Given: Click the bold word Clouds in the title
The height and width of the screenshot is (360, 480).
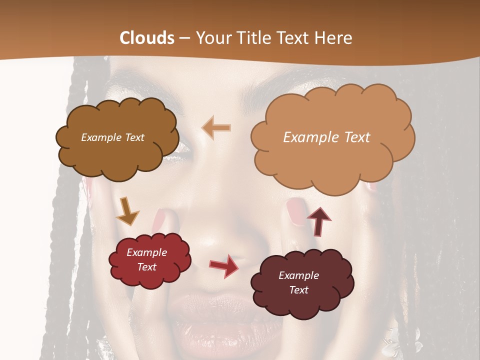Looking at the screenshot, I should click(x=147, y=38).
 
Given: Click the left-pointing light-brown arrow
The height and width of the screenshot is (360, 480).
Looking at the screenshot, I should click(x=216, y=128).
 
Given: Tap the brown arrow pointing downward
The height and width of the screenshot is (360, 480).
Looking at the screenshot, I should click(x=127, y=211).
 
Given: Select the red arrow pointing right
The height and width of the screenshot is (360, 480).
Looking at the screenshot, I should click(x=223, y=265).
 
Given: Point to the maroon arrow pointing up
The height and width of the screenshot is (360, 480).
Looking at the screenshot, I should click(x=318, y=220).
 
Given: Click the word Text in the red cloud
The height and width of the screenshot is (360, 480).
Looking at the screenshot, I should click(x=147, y=267).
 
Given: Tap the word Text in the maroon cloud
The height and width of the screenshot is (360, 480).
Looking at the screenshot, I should click(x=298, y=290).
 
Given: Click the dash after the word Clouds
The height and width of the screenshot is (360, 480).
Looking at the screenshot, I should click(x=185, y=38).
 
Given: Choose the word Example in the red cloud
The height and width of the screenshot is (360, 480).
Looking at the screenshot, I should click(x=147, y=252).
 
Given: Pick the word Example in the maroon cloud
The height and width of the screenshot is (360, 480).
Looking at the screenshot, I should click(x=298, y=275).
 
